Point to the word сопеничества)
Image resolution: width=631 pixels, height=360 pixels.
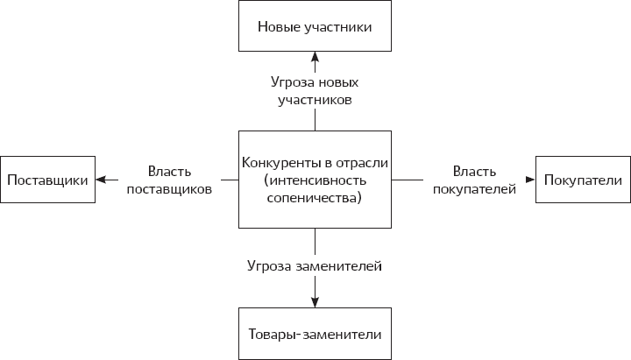[x=315, y=198]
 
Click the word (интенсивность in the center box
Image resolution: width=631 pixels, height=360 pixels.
[x=315, y=180]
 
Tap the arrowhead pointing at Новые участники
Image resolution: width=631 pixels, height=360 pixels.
[x=315, y=56]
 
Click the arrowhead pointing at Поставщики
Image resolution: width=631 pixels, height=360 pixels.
[x=101, y=180]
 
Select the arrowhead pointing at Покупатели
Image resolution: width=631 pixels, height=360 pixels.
[x=530, y=180]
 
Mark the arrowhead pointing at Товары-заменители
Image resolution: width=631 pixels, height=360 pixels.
[x=315, y=302]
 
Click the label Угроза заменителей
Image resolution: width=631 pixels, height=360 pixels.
[x=315, y=266]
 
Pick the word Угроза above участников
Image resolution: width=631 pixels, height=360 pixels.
[x=293, y=82]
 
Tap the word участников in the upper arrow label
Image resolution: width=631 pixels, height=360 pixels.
[x=315, y=100]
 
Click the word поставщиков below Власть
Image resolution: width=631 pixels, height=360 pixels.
[x=169, y=189]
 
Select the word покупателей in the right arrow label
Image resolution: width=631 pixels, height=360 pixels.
[x=474, y=189]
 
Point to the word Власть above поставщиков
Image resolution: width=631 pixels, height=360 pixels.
[x=169, y=172]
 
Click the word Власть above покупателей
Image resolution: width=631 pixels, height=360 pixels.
[x=474, y=172]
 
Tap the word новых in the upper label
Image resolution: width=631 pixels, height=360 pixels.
[x=338, y=83]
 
